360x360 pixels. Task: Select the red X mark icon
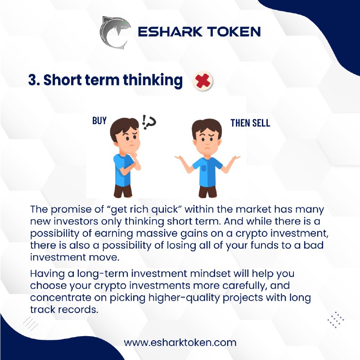click(x=202, y=81)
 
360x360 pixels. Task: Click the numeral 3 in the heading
click(x=32, y=80)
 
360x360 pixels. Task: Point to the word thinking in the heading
click(x=153, y=81)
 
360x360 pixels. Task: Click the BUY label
click(x=99, y=121)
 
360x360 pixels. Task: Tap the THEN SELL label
click(x=250, y=123)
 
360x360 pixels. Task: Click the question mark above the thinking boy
click(x=151, y=123)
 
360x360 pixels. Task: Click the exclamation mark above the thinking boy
click(x=144, y=121)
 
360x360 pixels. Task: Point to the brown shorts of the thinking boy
click(x=123, y=190)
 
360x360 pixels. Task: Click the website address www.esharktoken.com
click(x=180, y=343)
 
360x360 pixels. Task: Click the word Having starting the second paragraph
click(x=47, y=274)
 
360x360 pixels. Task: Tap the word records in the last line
click(x=78, y=310)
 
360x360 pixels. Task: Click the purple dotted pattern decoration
click(x=336, y=319)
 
